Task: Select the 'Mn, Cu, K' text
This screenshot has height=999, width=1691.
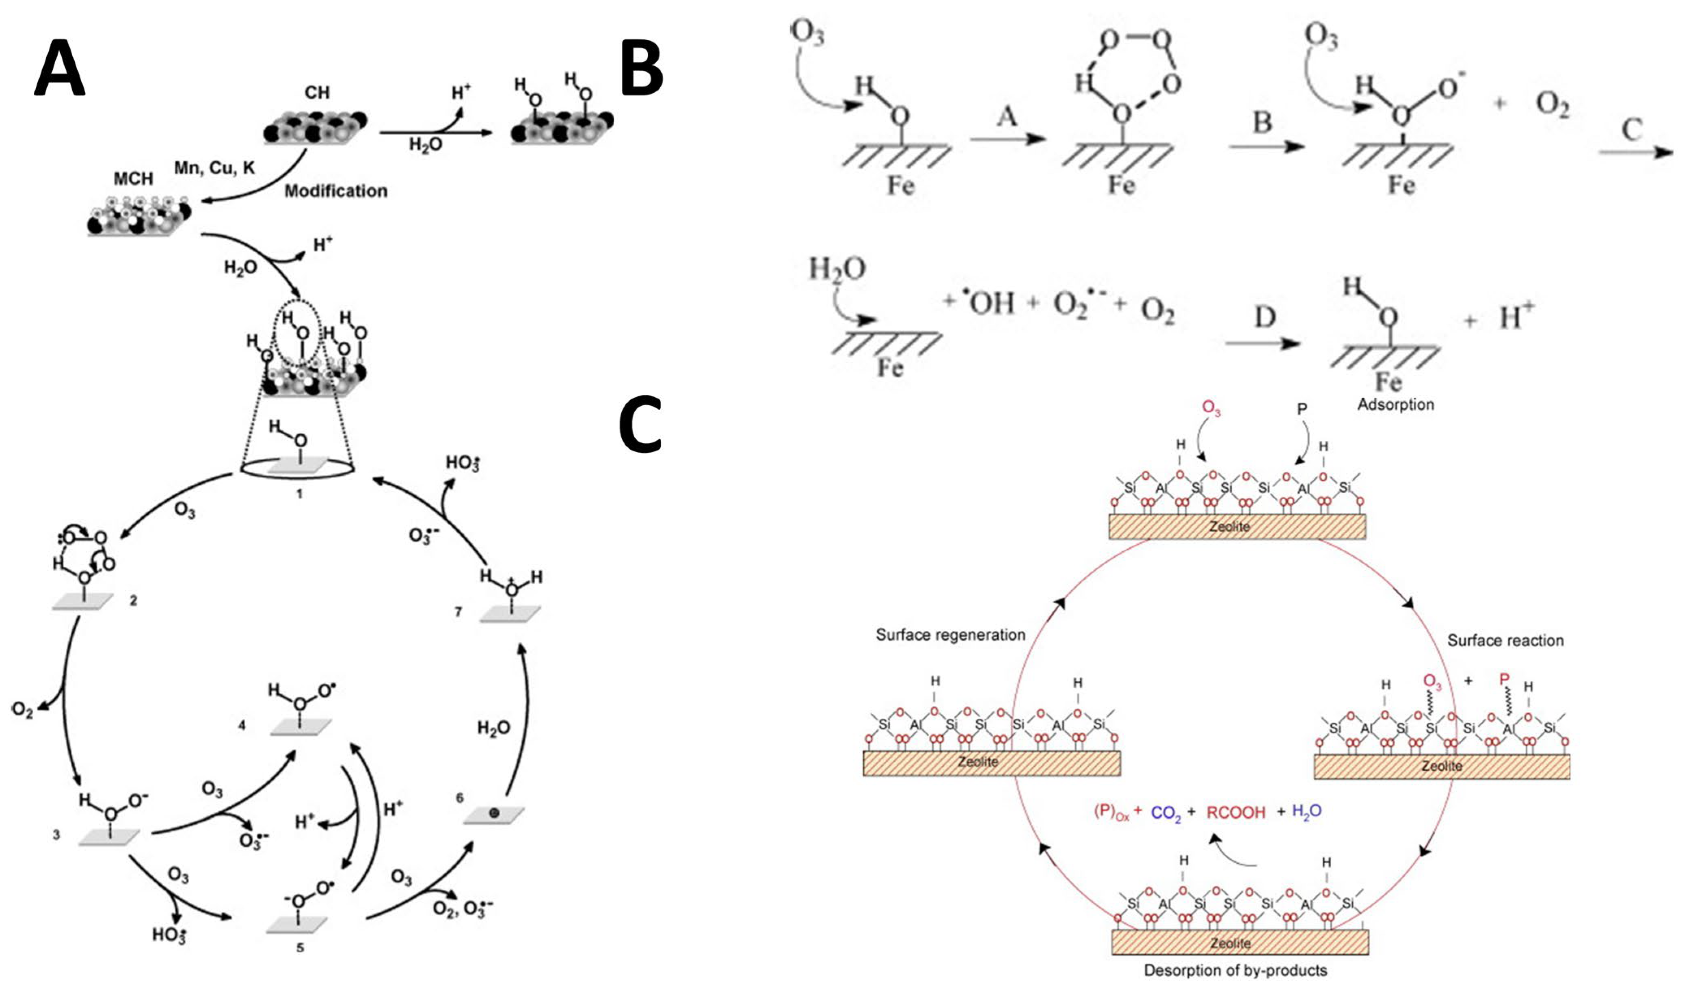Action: point(215,168)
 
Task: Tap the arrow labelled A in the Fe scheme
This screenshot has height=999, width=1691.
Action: point(1008,138)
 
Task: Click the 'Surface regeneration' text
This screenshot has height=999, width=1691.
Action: point(950,635)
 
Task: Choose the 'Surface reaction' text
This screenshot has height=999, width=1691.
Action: point(1505,640)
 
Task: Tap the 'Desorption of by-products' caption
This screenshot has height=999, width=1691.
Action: point(1235,971)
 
